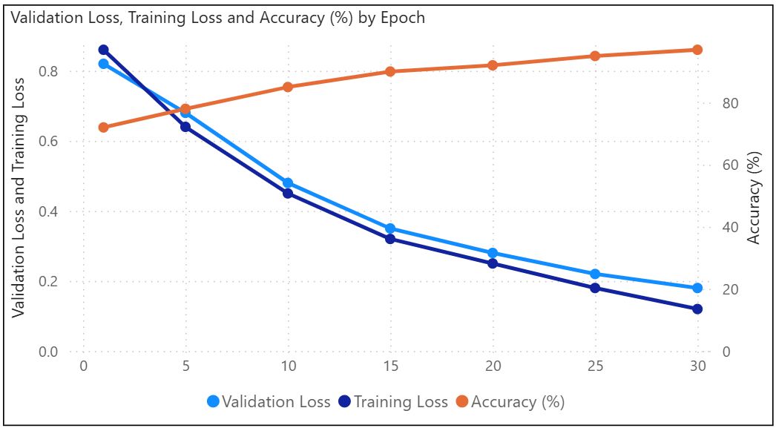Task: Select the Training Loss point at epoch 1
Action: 104,50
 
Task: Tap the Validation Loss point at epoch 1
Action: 104,64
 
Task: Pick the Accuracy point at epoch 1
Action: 104,128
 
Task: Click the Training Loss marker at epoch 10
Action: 288,194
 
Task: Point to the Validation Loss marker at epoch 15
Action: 390,228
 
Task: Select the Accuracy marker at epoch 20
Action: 493,65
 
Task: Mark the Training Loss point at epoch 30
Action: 697,309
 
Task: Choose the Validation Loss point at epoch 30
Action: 697,288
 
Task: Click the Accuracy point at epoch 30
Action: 697,50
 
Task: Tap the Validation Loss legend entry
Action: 269,402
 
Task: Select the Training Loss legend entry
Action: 393,402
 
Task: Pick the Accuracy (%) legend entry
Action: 510,402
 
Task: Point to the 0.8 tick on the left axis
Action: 48,72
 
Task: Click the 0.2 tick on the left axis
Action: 48,282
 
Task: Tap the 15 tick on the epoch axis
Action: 390,366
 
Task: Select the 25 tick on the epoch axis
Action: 595,366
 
